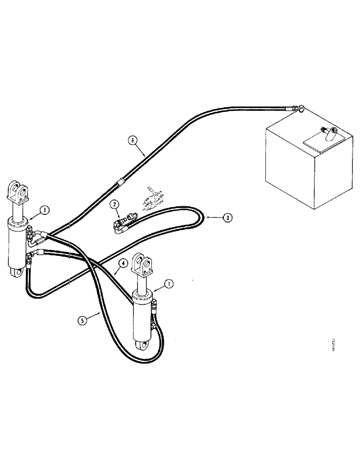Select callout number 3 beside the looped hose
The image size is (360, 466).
click(x=226, y=217)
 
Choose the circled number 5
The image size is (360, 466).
click(x=82, y=321)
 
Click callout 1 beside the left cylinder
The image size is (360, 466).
click(x=44, y=210)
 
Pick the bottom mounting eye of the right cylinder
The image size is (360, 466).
click(x=143, y=345)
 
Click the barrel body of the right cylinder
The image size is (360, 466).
click(x=143, y=317)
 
